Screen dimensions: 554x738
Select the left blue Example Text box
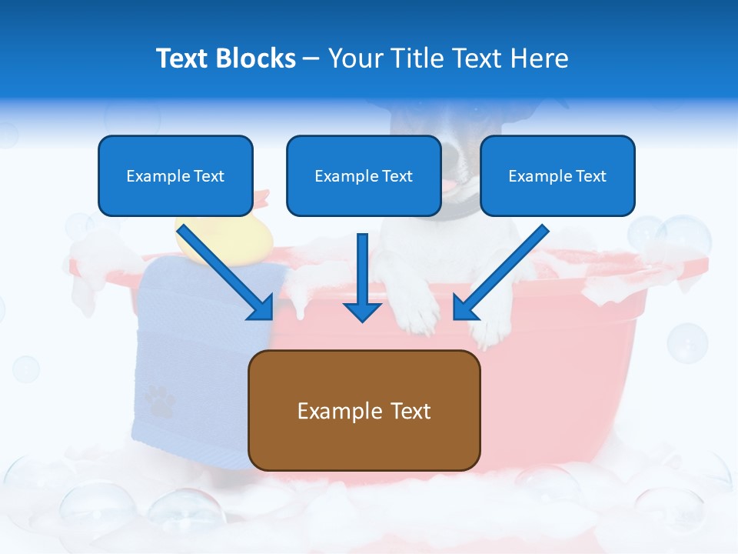pyautogui.click(x=175, y=176)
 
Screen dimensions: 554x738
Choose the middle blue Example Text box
pyautogui.click(x=364, y=176)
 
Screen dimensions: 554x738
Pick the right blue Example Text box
pyautogui.click(x=557, y=176)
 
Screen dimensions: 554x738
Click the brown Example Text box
pyautogui.click(x=364, y=410)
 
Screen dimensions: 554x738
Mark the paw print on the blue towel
pyautogui.click(x=159, y=401)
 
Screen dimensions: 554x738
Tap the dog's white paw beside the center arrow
pyautogui.click(x=415, y=308)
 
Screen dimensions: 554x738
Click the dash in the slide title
pyautogui.click(x=311, y=59)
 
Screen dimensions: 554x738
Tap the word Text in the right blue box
pyautogui.click(x=591, y=176)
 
